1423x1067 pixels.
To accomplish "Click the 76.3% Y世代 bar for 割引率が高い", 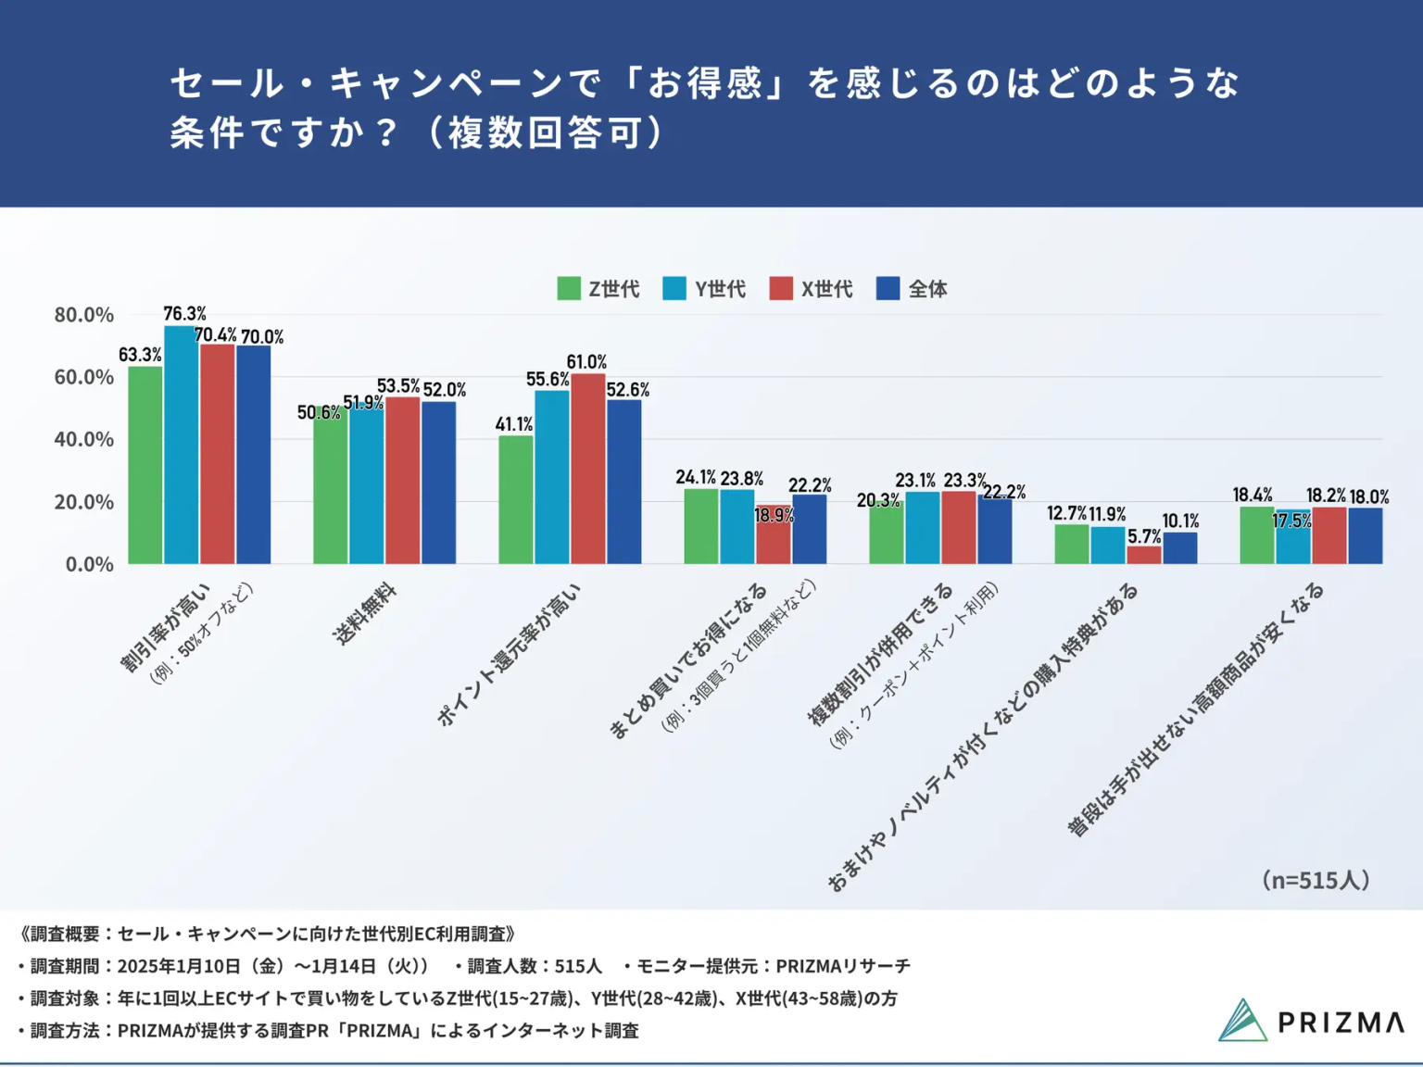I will pyautogui.click(x=181, y=445).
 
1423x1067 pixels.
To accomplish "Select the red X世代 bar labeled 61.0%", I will pyautogui.click(x=588, y=469).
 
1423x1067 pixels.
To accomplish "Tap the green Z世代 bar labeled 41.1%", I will pyautogui.click(x=515, y=499).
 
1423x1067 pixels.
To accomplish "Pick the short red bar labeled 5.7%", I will pyautogui.click(x=1144, y=555).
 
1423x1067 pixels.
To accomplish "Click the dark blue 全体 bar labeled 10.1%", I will pyautogui.click(x=1180, y=548).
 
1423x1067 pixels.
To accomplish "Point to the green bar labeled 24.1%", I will pyautogui.click(x=700, y=526).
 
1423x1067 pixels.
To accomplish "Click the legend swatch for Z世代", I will pyautogui.click(x=569, y=289).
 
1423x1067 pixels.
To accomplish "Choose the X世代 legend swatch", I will pyautogui.click(x=781, y=289).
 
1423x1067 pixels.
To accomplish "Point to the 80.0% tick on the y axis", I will pyautogui.click(x=84, y=315).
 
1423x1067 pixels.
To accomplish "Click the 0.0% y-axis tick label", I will pyautogui.click(x=90, y=564).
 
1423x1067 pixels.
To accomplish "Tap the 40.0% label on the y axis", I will pyautogui.click(x=84, y=440).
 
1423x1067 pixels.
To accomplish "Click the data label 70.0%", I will pyautogui.click(x=262, y=337).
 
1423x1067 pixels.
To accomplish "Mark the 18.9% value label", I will pyautogui.click(x=774, y=516).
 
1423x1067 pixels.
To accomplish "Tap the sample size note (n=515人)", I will pyautogui.click(x=1316, y=880).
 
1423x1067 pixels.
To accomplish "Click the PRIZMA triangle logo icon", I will pyautogui.click(x=1242, y=1020).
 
